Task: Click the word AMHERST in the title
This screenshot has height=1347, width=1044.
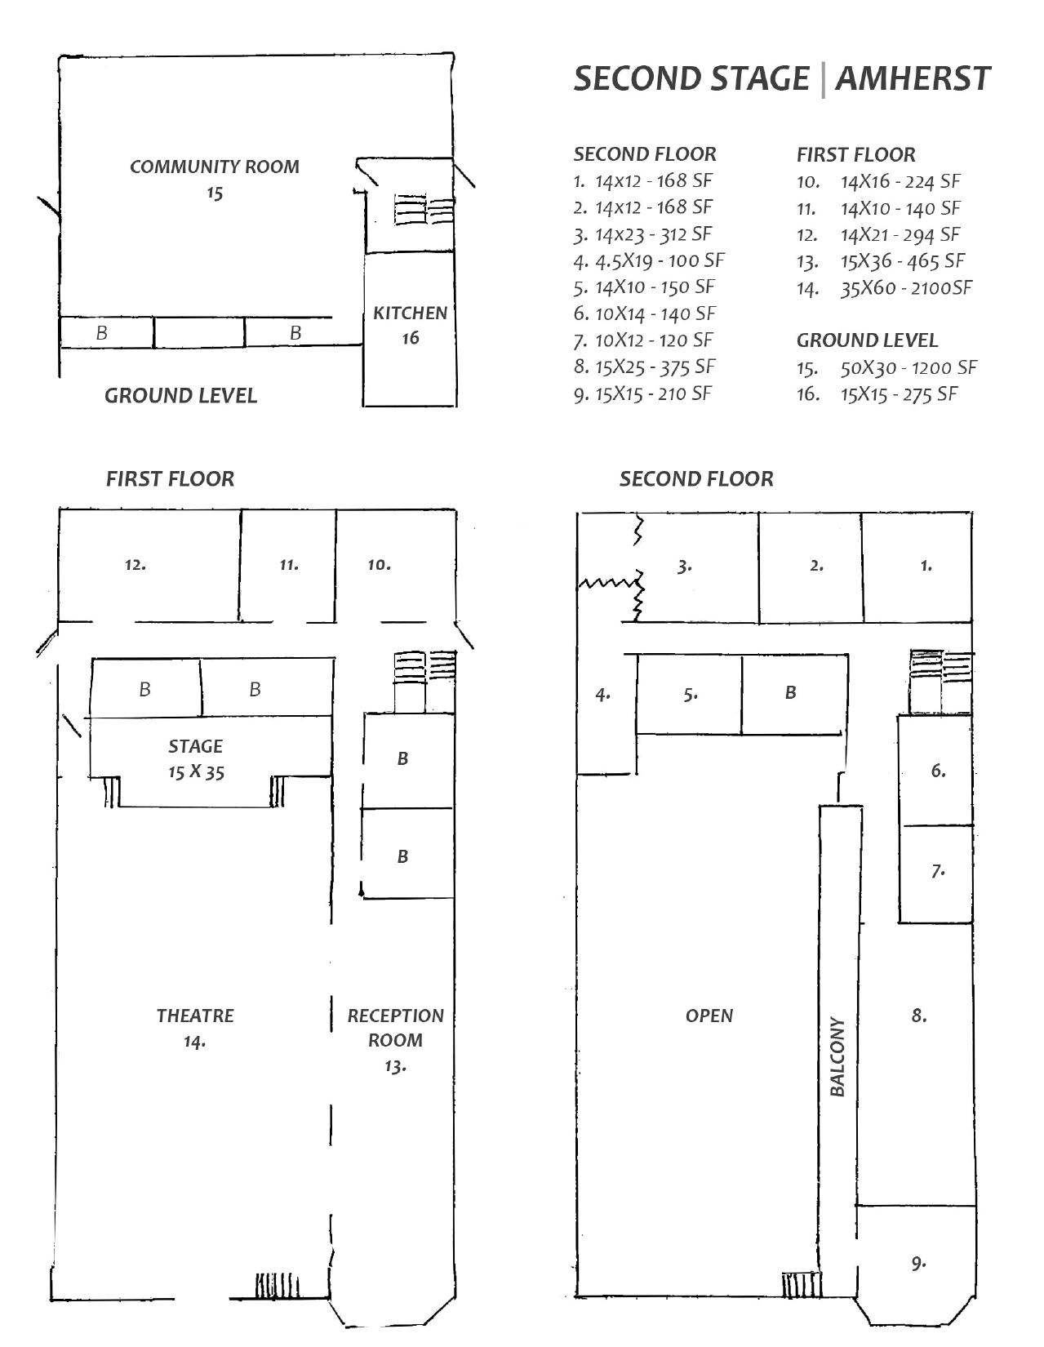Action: click(913, 79)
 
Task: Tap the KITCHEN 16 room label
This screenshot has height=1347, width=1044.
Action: click(410, 325)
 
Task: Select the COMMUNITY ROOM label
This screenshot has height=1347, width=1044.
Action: click(215, 167)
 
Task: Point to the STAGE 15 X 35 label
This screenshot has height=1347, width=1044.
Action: click(196, 758)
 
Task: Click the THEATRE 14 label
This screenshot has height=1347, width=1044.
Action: click(195, 1028)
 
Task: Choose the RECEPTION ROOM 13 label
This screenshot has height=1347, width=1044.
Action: click(396, 1040)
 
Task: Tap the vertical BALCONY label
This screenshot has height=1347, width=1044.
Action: click(837, 1056)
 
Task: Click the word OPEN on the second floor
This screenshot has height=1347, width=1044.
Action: click(709, 1016)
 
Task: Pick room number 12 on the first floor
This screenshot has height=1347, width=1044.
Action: click(135, 564)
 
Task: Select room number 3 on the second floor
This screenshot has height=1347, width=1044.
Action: click(685, 565)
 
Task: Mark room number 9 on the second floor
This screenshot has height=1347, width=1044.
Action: click(919, 1263)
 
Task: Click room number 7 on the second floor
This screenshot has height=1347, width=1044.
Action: click(938, 870)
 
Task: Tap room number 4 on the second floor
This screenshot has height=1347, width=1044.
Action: click(603, 695)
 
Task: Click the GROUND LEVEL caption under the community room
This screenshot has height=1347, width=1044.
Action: click(180, 396)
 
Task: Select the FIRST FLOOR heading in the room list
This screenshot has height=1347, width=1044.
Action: click(855, 154)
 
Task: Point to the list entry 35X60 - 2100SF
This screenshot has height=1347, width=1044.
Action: click(906, 287)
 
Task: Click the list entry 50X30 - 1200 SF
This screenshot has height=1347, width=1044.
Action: click(909, 367)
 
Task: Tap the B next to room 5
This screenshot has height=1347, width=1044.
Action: click(790, 692)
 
